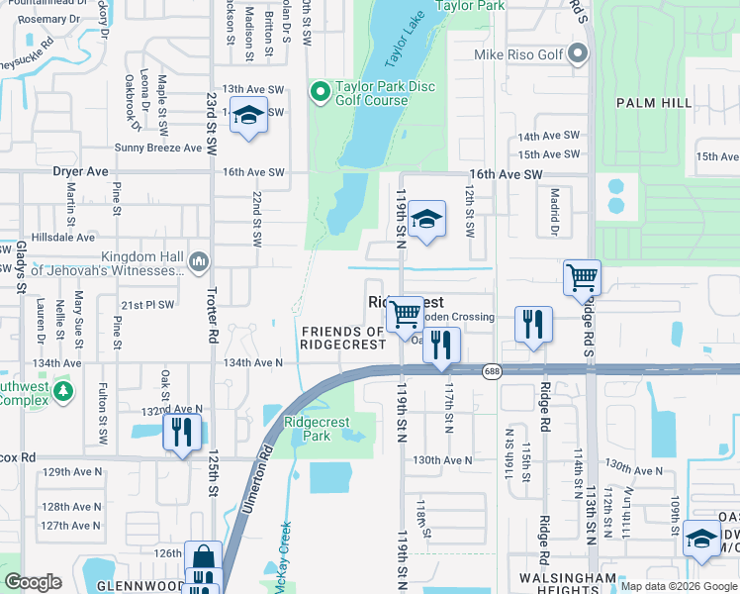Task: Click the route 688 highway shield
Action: (491, 371)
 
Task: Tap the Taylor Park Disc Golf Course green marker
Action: (320, 93)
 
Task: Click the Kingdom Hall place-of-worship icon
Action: (199, 262)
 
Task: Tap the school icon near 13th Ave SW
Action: (249, 117)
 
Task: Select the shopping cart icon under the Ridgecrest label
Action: (404, 315)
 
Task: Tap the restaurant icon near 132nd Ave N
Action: (181, 432)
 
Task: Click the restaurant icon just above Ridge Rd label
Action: (532, 325)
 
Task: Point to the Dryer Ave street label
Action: (80, 171)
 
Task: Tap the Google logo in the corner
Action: (34, 582)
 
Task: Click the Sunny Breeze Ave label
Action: (157, 148)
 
